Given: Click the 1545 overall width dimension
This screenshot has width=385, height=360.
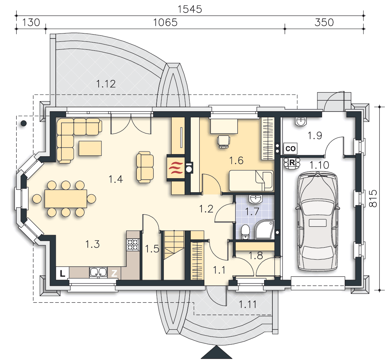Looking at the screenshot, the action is [x=190, y=9].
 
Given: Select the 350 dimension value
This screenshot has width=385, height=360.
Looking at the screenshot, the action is [x=324, y=22].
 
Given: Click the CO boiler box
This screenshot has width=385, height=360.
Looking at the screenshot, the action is [x=290, y=148].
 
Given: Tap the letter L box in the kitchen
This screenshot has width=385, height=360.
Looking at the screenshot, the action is [x=62, y=273].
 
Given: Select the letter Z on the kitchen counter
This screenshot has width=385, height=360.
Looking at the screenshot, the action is [x=114, y=273].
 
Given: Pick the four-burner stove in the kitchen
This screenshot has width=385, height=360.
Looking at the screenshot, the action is [x=133, y=245].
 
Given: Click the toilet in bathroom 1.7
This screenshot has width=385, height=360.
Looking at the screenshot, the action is [x=245, y=232].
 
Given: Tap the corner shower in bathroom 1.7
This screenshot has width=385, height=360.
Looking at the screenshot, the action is [x=264, y=230].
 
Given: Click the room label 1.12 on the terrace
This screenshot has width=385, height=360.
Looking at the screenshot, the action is [x=106, y=84].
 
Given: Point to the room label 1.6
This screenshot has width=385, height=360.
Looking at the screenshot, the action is [x=236, y=161].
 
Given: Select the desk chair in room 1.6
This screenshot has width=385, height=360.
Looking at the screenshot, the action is [x=224, y=142].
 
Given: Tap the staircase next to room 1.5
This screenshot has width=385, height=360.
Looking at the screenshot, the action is [x=174, y=245].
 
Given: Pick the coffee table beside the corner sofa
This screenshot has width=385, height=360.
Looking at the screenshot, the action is [x=90, y=148].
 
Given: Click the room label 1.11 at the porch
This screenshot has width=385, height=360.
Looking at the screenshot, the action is [x=248, y=305].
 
